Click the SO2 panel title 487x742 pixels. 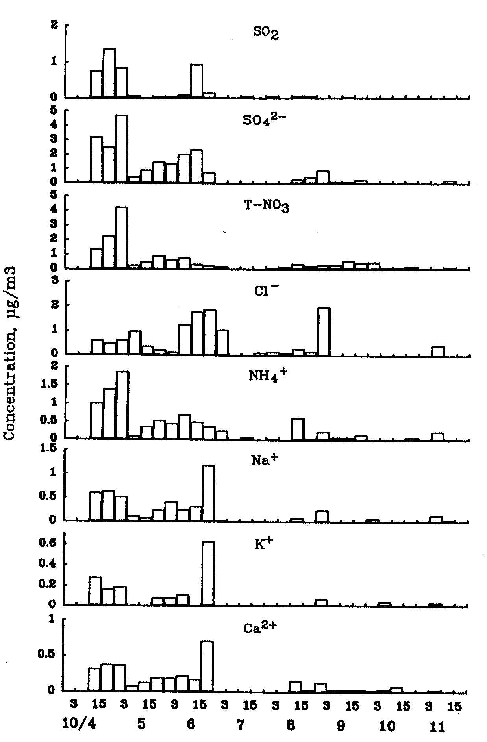point(266,33)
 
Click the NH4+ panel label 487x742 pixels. point(268,376)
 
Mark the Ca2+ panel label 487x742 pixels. point(260,627)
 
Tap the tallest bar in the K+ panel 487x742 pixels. point(208,573)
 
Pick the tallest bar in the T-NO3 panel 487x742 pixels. point(121,238)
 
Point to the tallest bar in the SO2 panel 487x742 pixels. point(109,73)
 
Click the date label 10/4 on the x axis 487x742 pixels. point(79,723)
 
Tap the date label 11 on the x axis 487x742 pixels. point(437,726)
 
